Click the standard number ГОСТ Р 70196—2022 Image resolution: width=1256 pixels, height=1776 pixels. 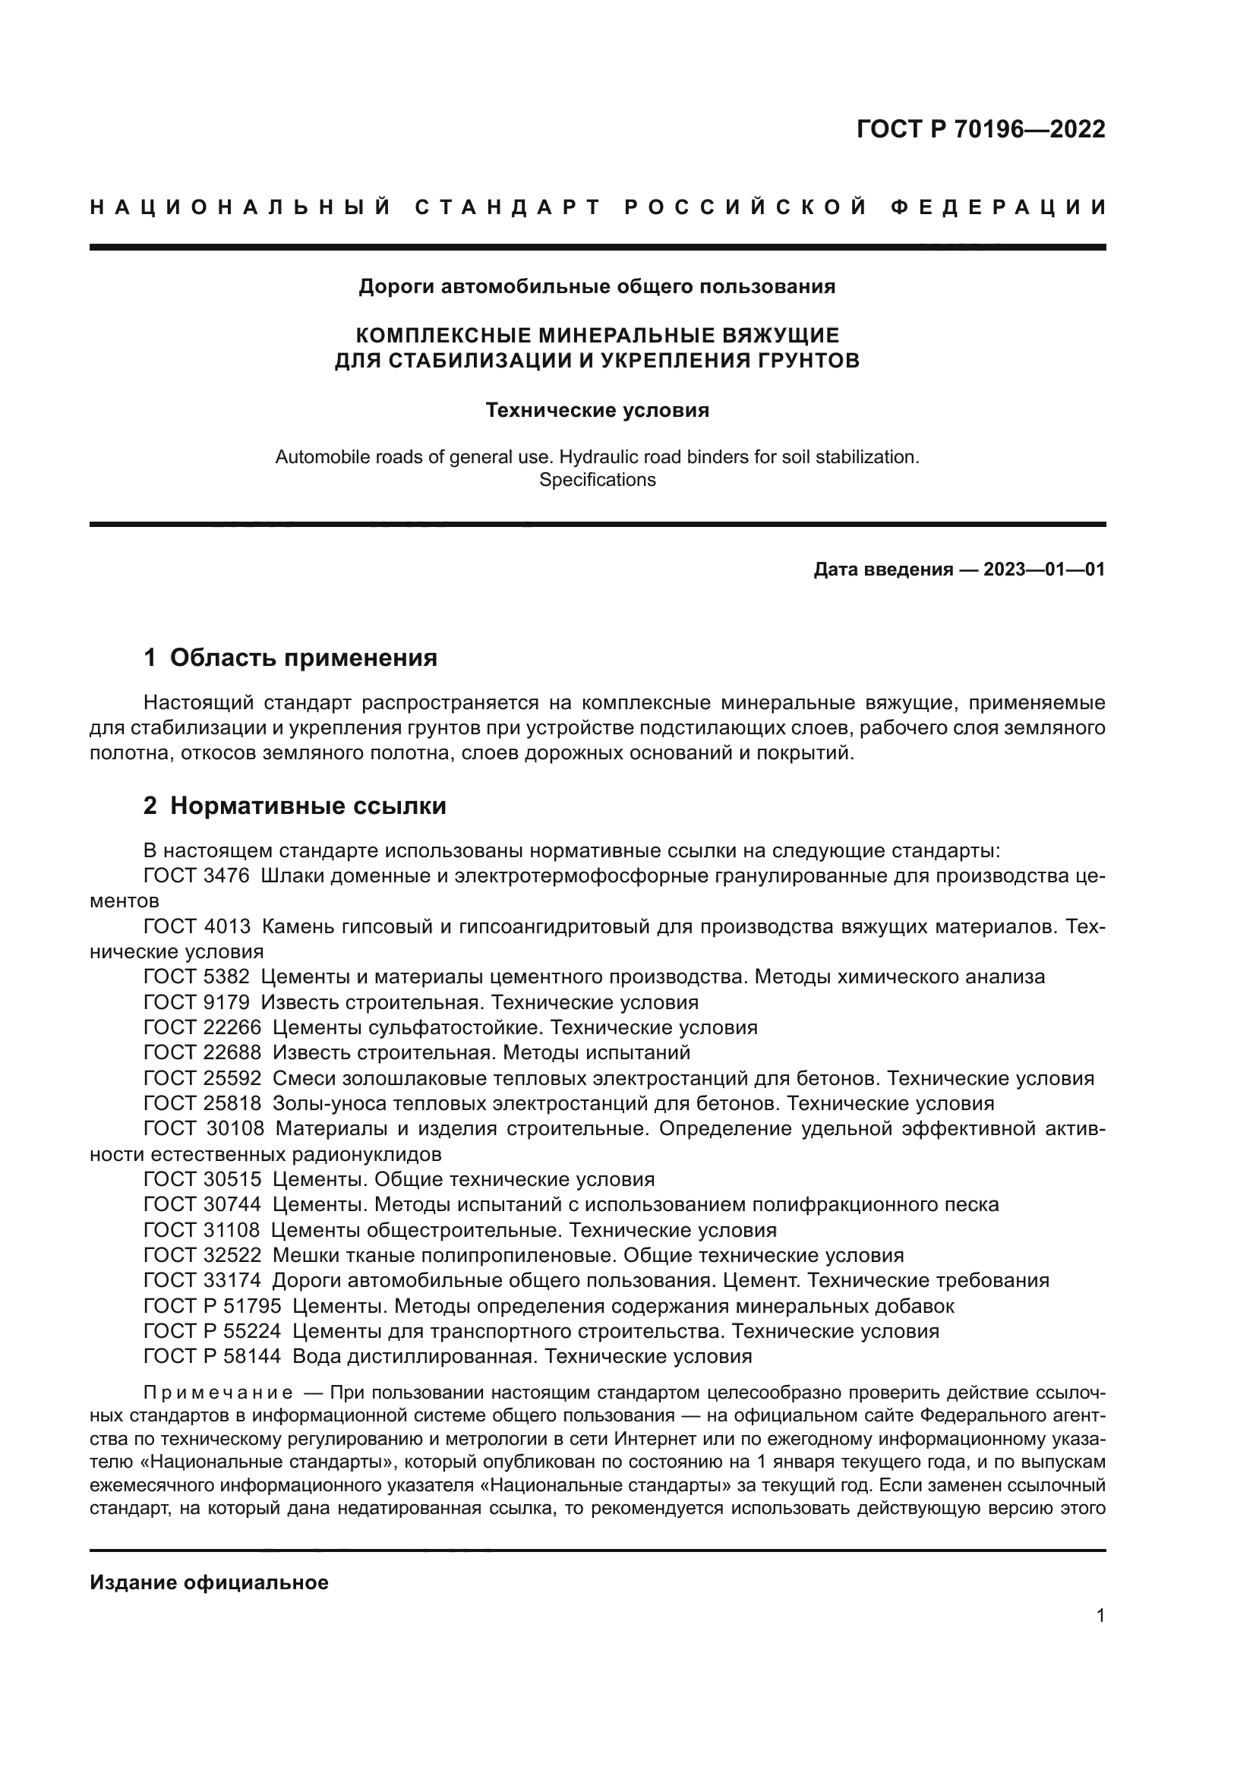pyautogui.click(x=980, y=129)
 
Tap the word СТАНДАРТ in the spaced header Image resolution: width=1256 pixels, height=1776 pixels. pyautogui.click(x=508, y=207)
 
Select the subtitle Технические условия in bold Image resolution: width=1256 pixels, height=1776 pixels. pyautogui.click(x=597, y=410)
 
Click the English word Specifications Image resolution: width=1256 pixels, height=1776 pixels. pyautogui.click(x=597, y=480)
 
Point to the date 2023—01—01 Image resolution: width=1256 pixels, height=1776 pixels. pyautogui.click(x=1044, y=570)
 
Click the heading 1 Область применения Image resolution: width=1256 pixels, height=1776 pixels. pyautogui.click(x=290, y=658)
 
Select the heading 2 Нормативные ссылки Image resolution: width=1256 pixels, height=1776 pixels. pyautogui.click(x=295, y=806)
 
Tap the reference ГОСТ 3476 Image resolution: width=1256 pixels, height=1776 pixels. pyautogui.click(x=197, y=876)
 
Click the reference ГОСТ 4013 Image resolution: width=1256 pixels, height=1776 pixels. pyautogui.click(x=197, y=926)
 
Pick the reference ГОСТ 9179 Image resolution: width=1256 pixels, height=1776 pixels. pyautogui.click(x=197, y=1002)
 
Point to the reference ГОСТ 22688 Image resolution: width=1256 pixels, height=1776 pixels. pyautogui.click(x=203, y=1052)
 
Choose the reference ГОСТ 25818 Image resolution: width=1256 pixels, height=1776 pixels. pyautogui.click(x=203, y=1103)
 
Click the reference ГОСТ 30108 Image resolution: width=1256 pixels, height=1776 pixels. pyautogui.click(x=204, y=1128)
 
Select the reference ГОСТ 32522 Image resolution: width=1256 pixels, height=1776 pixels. pyautogui.click(x=203, y=1254)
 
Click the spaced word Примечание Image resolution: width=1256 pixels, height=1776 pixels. pyautogui.click(x=218, y=1393)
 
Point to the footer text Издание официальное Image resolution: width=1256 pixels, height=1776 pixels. pyautogui.click(x=209, y=1582)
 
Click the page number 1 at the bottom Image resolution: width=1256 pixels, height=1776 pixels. pyautogui.click(x=1100, y=1616)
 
